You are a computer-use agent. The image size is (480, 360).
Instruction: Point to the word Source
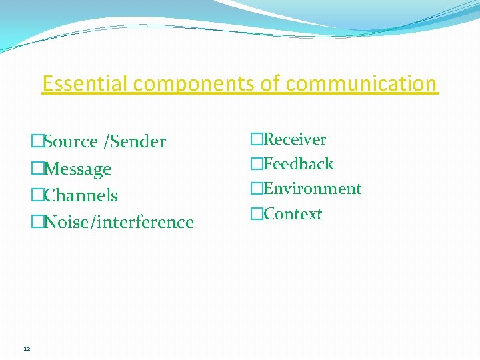coord(71,141)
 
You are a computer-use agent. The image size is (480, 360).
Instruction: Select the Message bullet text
coord(77,169)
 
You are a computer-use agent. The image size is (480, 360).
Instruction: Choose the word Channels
coord(81,195)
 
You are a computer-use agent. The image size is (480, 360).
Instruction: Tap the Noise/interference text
coord(119,222)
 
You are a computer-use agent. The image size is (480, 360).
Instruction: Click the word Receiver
coord(295,139)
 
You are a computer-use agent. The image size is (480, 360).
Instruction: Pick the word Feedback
coord(298,164)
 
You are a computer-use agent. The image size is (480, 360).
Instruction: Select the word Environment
coord(312,189)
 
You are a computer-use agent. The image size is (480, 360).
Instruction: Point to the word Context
coord(293,214)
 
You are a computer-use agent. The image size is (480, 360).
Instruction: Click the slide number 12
coord(26,349)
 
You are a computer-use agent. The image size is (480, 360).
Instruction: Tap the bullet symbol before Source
coord(37,141)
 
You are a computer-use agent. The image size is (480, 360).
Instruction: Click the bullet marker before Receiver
coord(257,139)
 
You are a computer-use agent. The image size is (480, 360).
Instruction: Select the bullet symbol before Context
coord(257,214)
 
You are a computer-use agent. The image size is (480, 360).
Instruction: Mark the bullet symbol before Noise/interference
coord(37,222)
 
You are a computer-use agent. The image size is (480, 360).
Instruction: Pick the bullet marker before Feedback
coord(257,164)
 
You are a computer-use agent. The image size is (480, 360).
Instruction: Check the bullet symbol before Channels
coord(37,195)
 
